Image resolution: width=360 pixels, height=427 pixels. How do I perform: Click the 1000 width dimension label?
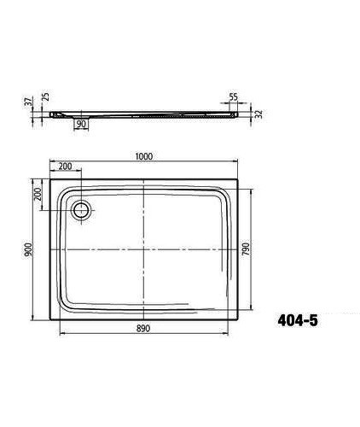click(x=144, y=155)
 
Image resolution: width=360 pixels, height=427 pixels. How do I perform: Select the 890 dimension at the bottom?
click(x=145, y=327)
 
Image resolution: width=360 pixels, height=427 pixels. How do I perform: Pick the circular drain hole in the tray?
click(x=83, y=211)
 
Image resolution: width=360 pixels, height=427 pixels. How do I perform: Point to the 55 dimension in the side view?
click(x=234, y=98)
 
